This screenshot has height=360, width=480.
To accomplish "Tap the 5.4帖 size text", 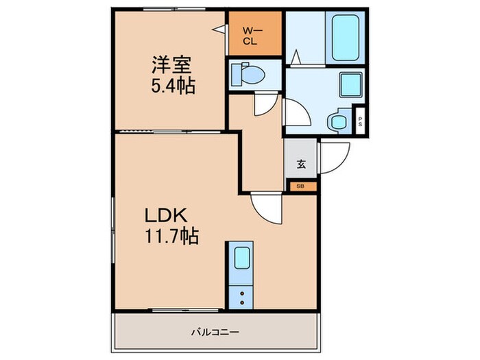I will pos(173,86).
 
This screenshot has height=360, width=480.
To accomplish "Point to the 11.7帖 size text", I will pos(171,237).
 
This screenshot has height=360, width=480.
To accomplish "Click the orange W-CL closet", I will pos(255,34).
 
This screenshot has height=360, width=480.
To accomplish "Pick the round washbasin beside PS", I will pos(337,122).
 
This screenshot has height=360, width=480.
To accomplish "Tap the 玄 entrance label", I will pos(301,164).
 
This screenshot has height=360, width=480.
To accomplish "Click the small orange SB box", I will pos(301,185).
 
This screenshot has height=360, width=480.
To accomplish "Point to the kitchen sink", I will pos(241,259).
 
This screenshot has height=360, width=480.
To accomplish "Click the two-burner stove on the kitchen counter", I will pos(241,297).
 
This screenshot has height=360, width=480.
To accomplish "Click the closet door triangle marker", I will pos(221,30).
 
